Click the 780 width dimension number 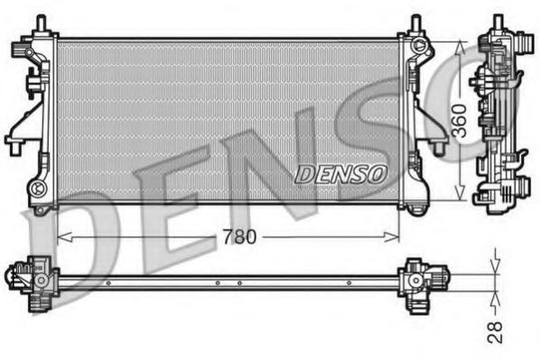pos(240,237)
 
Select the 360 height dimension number pos(460,120)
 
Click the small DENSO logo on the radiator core pos(340,172)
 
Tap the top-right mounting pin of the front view pos(414,24)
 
